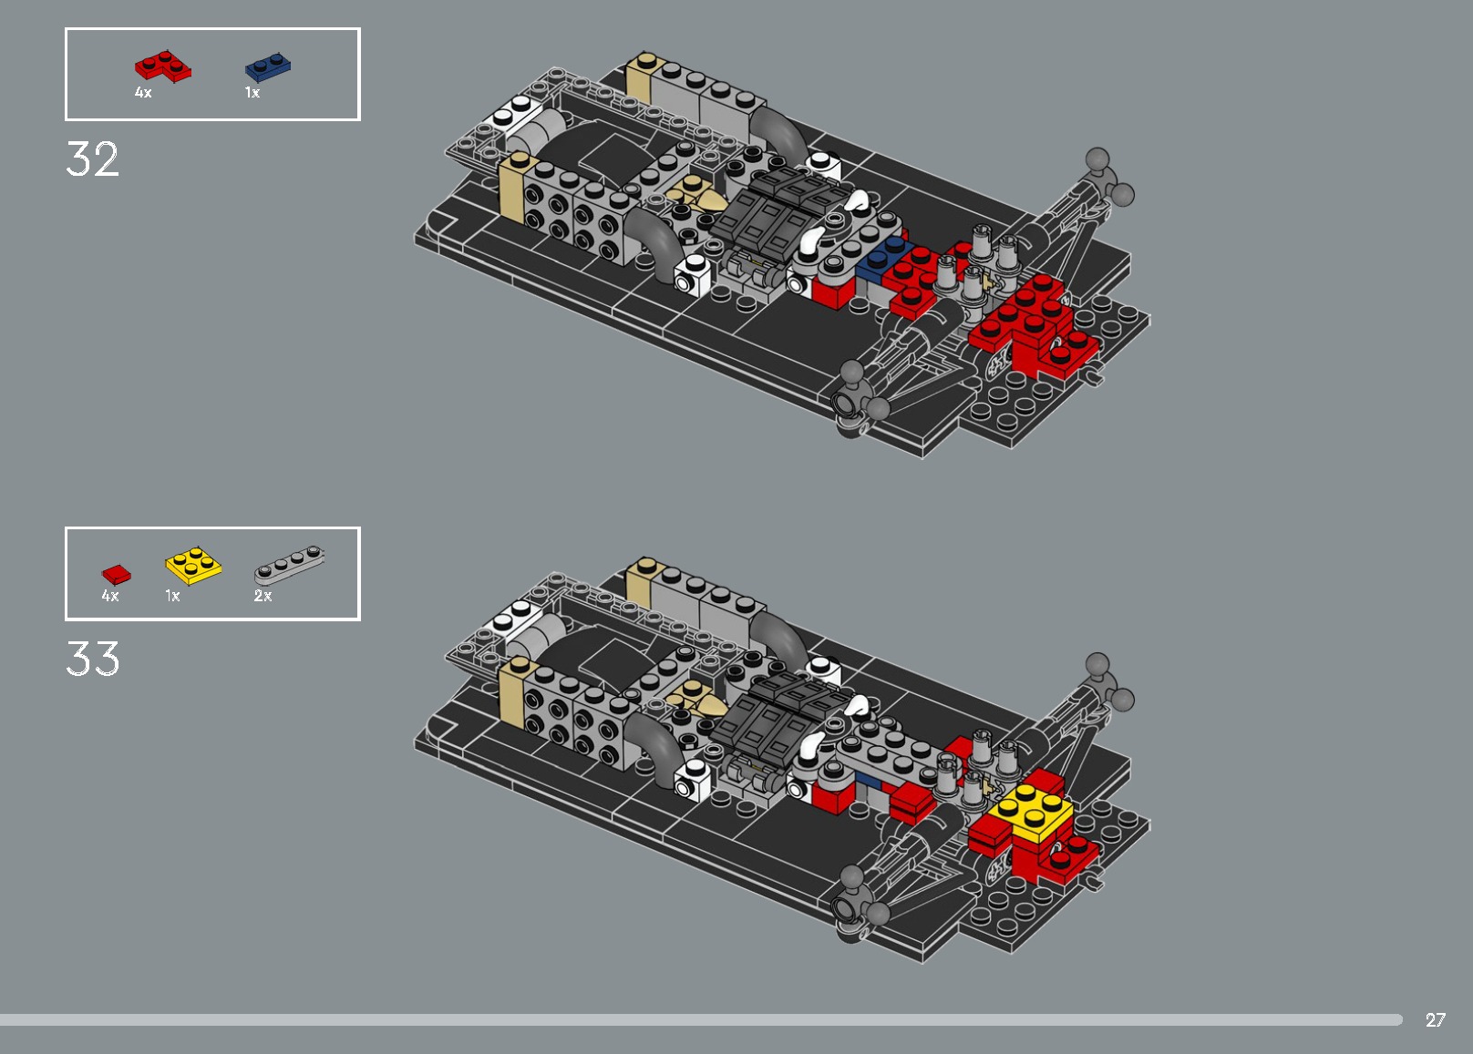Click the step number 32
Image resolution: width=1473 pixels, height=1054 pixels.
[x=92, y=159]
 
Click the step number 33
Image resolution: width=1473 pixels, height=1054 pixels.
[x=92, y=659]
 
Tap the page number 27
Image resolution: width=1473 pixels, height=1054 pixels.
[x=1436, y=1020]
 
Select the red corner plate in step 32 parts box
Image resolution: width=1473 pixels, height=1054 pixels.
[x=162, y=67]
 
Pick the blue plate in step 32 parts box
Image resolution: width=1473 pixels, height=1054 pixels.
[x=268, y=67]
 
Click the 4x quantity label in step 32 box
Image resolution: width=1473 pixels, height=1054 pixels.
[x=143, y=93]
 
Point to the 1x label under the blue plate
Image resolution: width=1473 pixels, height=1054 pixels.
[x=252, y=93]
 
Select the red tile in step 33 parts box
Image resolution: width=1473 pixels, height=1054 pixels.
[x=116, y=574]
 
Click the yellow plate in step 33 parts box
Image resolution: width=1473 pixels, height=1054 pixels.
[x=193, y=565]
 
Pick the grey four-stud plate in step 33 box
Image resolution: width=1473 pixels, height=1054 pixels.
[x=288, y=564]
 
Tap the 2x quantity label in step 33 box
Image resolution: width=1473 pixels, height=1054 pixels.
[x=263, y=596]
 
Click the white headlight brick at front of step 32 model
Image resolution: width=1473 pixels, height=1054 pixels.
[x=692, y=274]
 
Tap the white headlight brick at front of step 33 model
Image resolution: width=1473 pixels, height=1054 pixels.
[x=692, y=780]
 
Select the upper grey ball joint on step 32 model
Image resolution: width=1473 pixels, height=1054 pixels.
[x=1098, y=160]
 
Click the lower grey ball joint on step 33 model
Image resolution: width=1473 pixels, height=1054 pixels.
[x=852, y=877]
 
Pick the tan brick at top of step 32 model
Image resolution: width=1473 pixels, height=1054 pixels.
[x=643, y=77]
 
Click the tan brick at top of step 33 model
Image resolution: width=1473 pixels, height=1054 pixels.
[x=643, y=581]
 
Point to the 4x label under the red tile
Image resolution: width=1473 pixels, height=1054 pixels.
[x=110, y=596]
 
